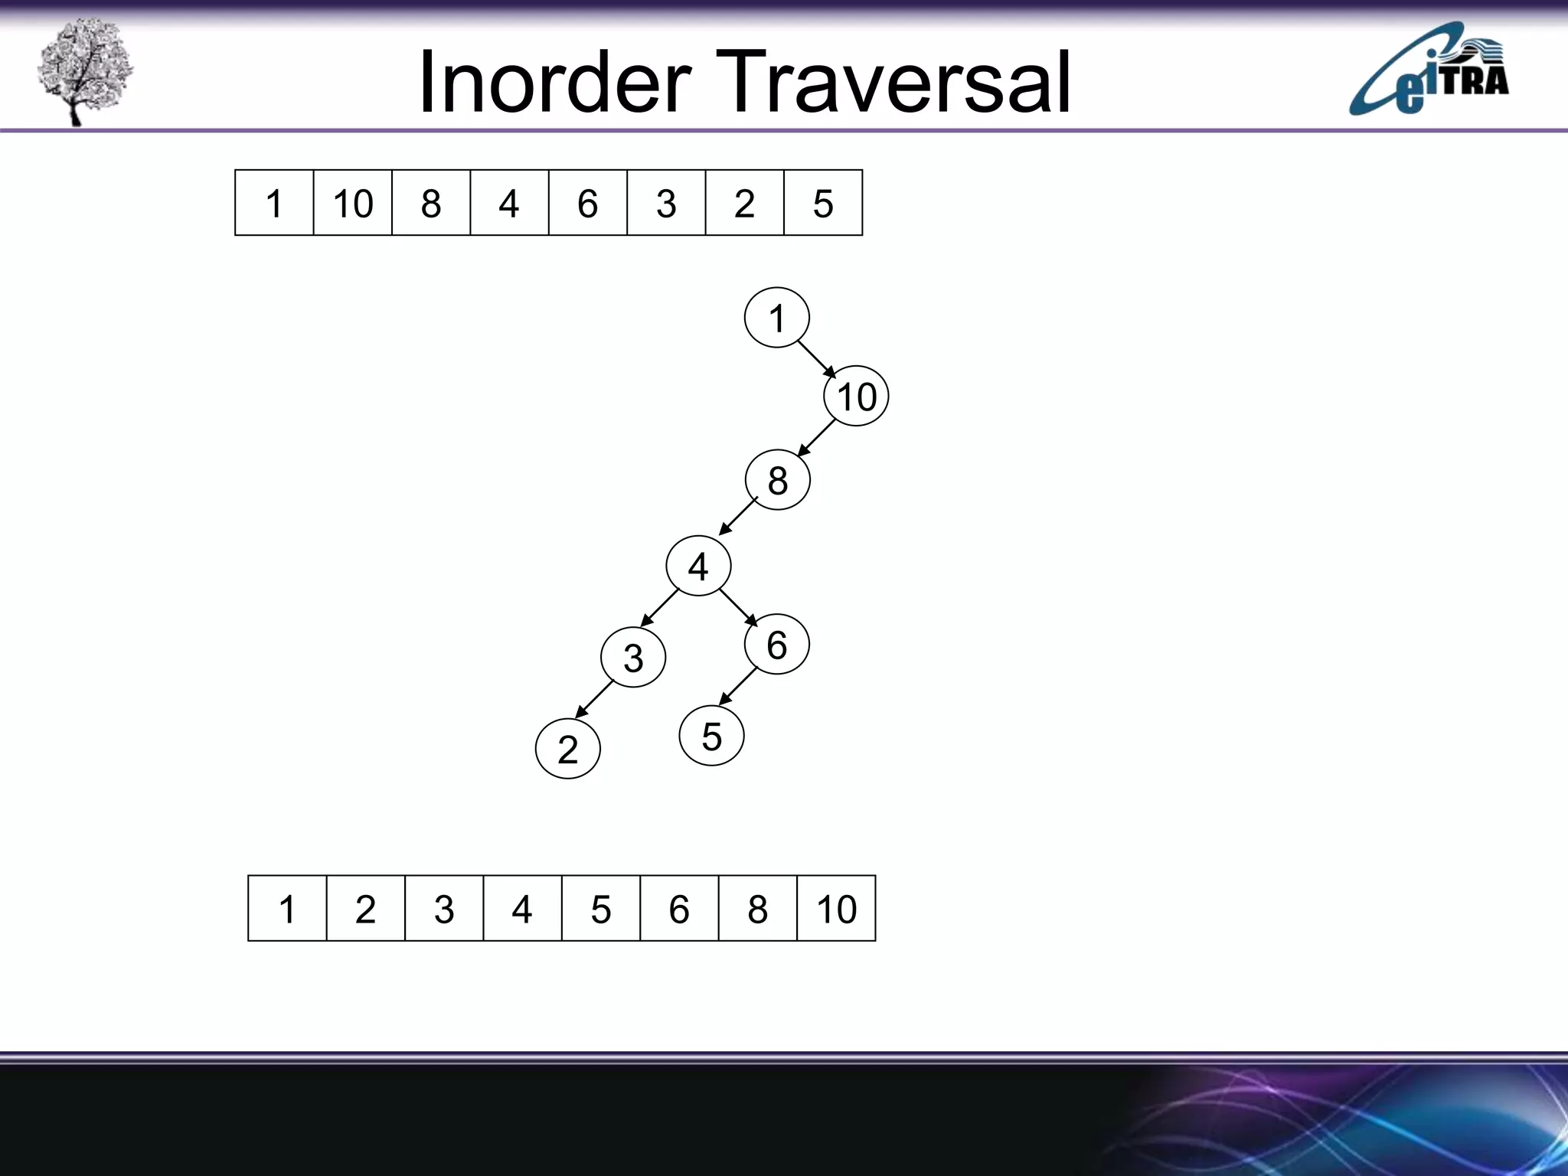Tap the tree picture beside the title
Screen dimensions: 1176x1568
pyautogui.click(x=83, y=70)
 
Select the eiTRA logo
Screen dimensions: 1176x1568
pyautogui.click(x=1429, y=70)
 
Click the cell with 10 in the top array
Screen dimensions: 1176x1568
pyautogui.click(x=352, y=203)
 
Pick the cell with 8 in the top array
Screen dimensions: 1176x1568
pyautogui.click(x=431, y=203)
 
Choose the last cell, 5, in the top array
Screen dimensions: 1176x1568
pyautogui.click(x=823, y=203)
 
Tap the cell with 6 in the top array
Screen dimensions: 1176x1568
pyautogui.click(x=587, y=203)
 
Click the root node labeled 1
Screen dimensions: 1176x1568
pyautogui.click(x=776, y=318)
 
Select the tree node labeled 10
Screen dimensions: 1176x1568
pyautogui.click(x=856, y=397)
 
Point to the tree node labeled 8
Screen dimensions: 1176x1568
pyautogui.click(x=777, y=481)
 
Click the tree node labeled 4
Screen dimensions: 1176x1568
pyautogui.click(x=698, y=567)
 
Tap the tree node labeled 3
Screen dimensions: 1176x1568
pyautogui.click(x=633, y=658)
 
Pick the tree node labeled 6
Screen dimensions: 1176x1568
pyautogui.click(x=776, y=645)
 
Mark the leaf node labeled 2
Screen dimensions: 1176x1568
pyautogui.click(x=567, y=749)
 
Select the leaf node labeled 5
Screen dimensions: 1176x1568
pyautogui.click(x=711, y=737)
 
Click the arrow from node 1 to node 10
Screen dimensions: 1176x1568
pyautogui.click(x=817, y=359)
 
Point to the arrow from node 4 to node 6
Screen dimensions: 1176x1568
pyautogui.click(x=738, y=607)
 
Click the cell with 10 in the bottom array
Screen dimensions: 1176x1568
pyautogui.click(x=836, y=909)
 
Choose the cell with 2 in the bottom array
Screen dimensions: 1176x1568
pyautogui.click(x=365, y=909)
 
